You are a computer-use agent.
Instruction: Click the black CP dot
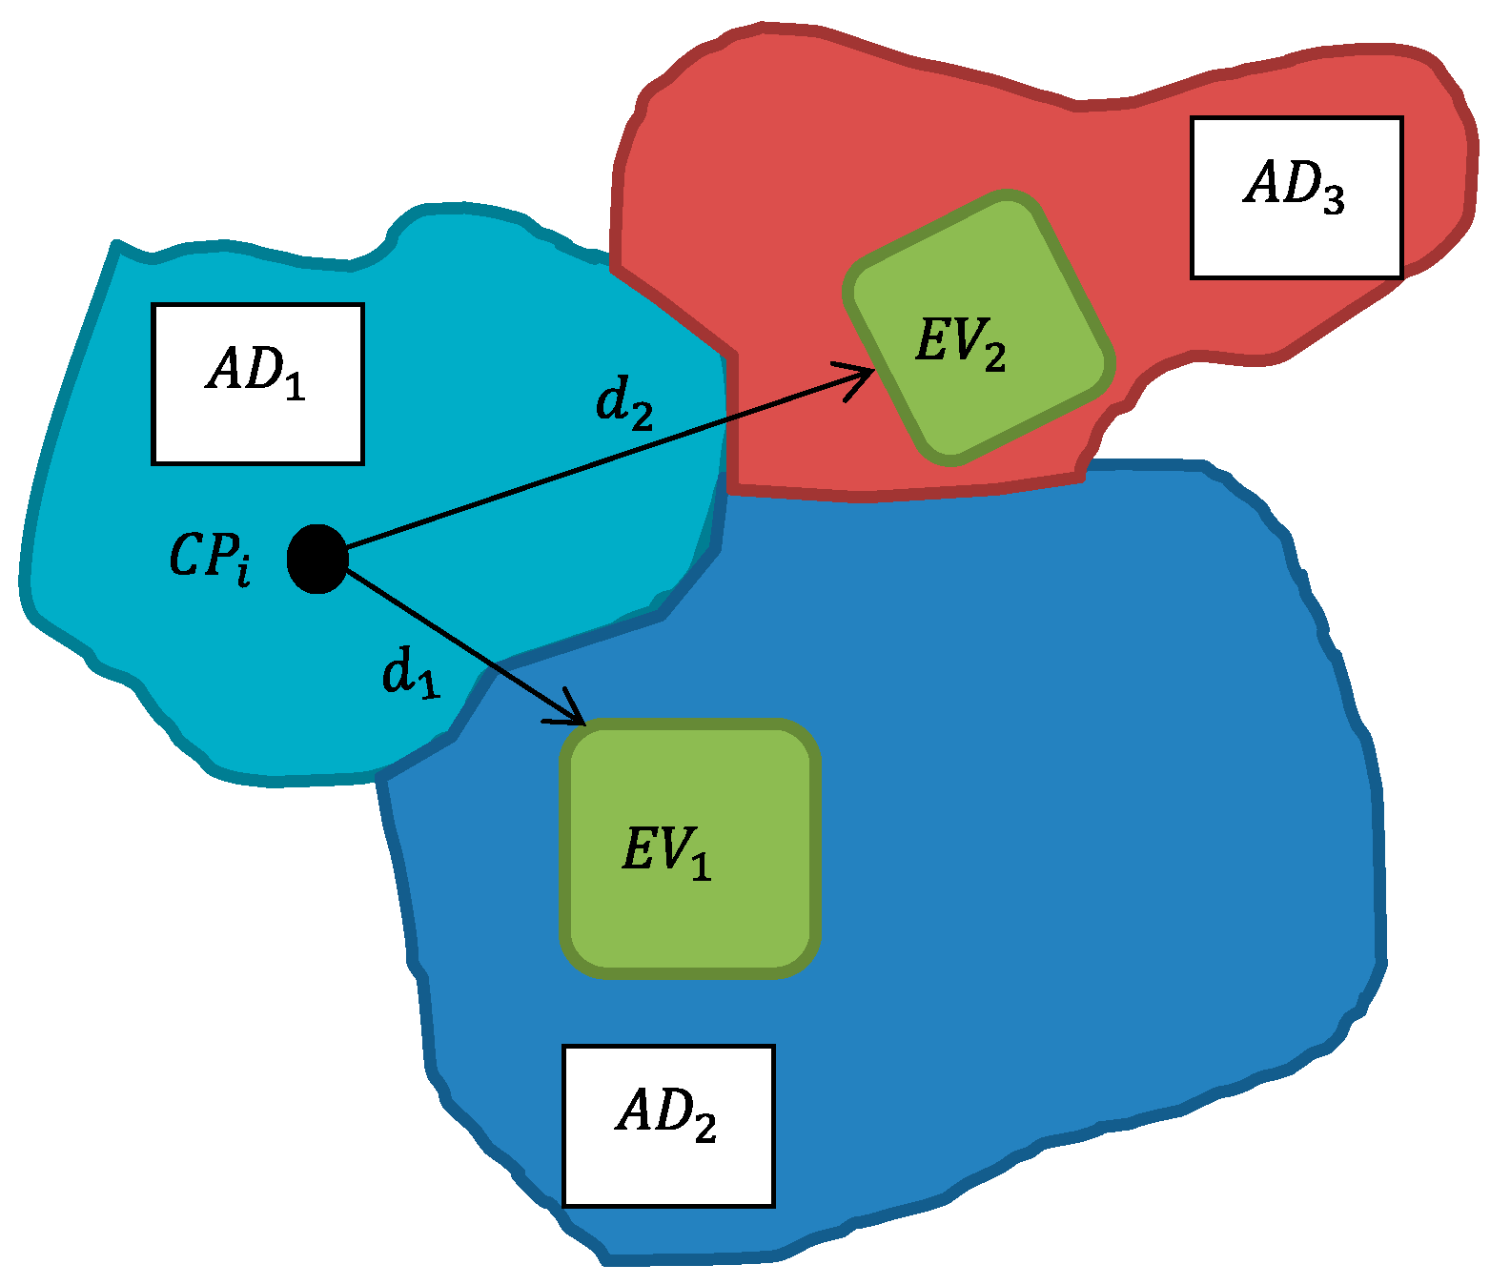(317, 559)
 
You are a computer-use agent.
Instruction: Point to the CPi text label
(211, 558)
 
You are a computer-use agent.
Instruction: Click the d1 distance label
(411, 673)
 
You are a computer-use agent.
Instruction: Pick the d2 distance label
(624, 401)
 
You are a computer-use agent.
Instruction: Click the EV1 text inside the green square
(666, 850)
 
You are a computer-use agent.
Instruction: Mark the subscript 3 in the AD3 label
(1331, 199)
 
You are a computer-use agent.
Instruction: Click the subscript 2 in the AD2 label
(704, 1130)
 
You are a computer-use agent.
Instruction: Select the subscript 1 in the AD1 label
(295, 387)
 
